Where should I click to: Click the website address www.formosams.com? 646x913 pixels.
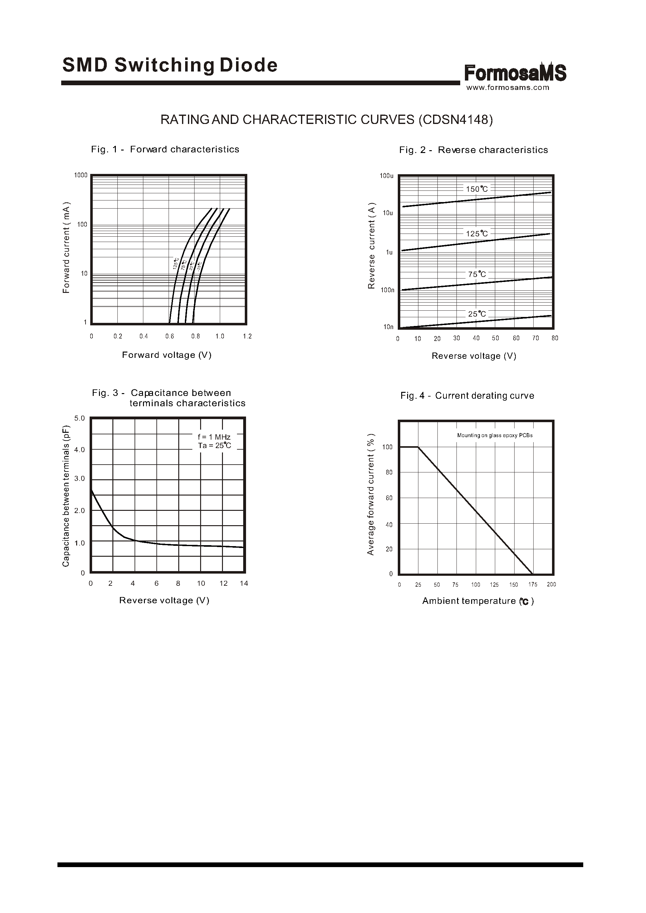pyautogui.click(x=508, y=87)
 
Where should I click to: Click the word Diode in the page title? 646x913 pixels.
pyautogui.click(x=249, y=65)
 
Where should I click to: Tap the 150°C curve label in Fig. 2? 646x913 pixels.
pyautogui.click(x=477, y=189)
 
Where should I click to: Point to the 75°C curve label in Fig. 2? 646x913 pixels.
pyautogui.click(x=477, y=274)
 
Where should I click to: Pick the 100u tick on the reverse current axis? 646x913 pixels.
pyautogui.click(x=386, y=176)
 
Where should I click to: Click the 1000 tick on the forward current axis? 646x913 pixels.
pyautogui.click(x=81, y=175)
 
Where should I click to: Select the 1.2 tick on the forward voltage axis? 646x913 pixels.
pyautogui.click(x=247, y=336)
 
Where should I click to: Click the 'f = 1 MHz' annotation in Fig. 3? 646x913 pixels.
pyautogui.click(x=214, y=437)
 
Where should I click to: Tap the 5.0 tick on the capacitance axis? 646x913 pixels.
pyautogui.click(x=80, y=418)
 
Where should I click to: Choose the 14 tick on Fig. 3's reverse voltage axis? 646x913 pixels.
pyautogui.click(x=244, y=583)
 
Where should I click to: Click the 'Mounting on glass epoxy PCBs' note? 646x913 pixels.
pyautogui.click(x=495, y=435)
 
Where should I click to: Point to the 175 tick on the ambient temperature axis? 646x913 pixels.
pyautogui.click(x=533, y=585)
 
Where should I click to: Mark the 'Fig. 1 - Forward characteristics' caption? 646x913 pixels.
pyautogui.click(x=165, y=149)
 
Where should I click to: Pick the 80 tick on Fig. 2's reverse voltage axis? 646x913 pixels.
pyautogui.click(x=555, y=338)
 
